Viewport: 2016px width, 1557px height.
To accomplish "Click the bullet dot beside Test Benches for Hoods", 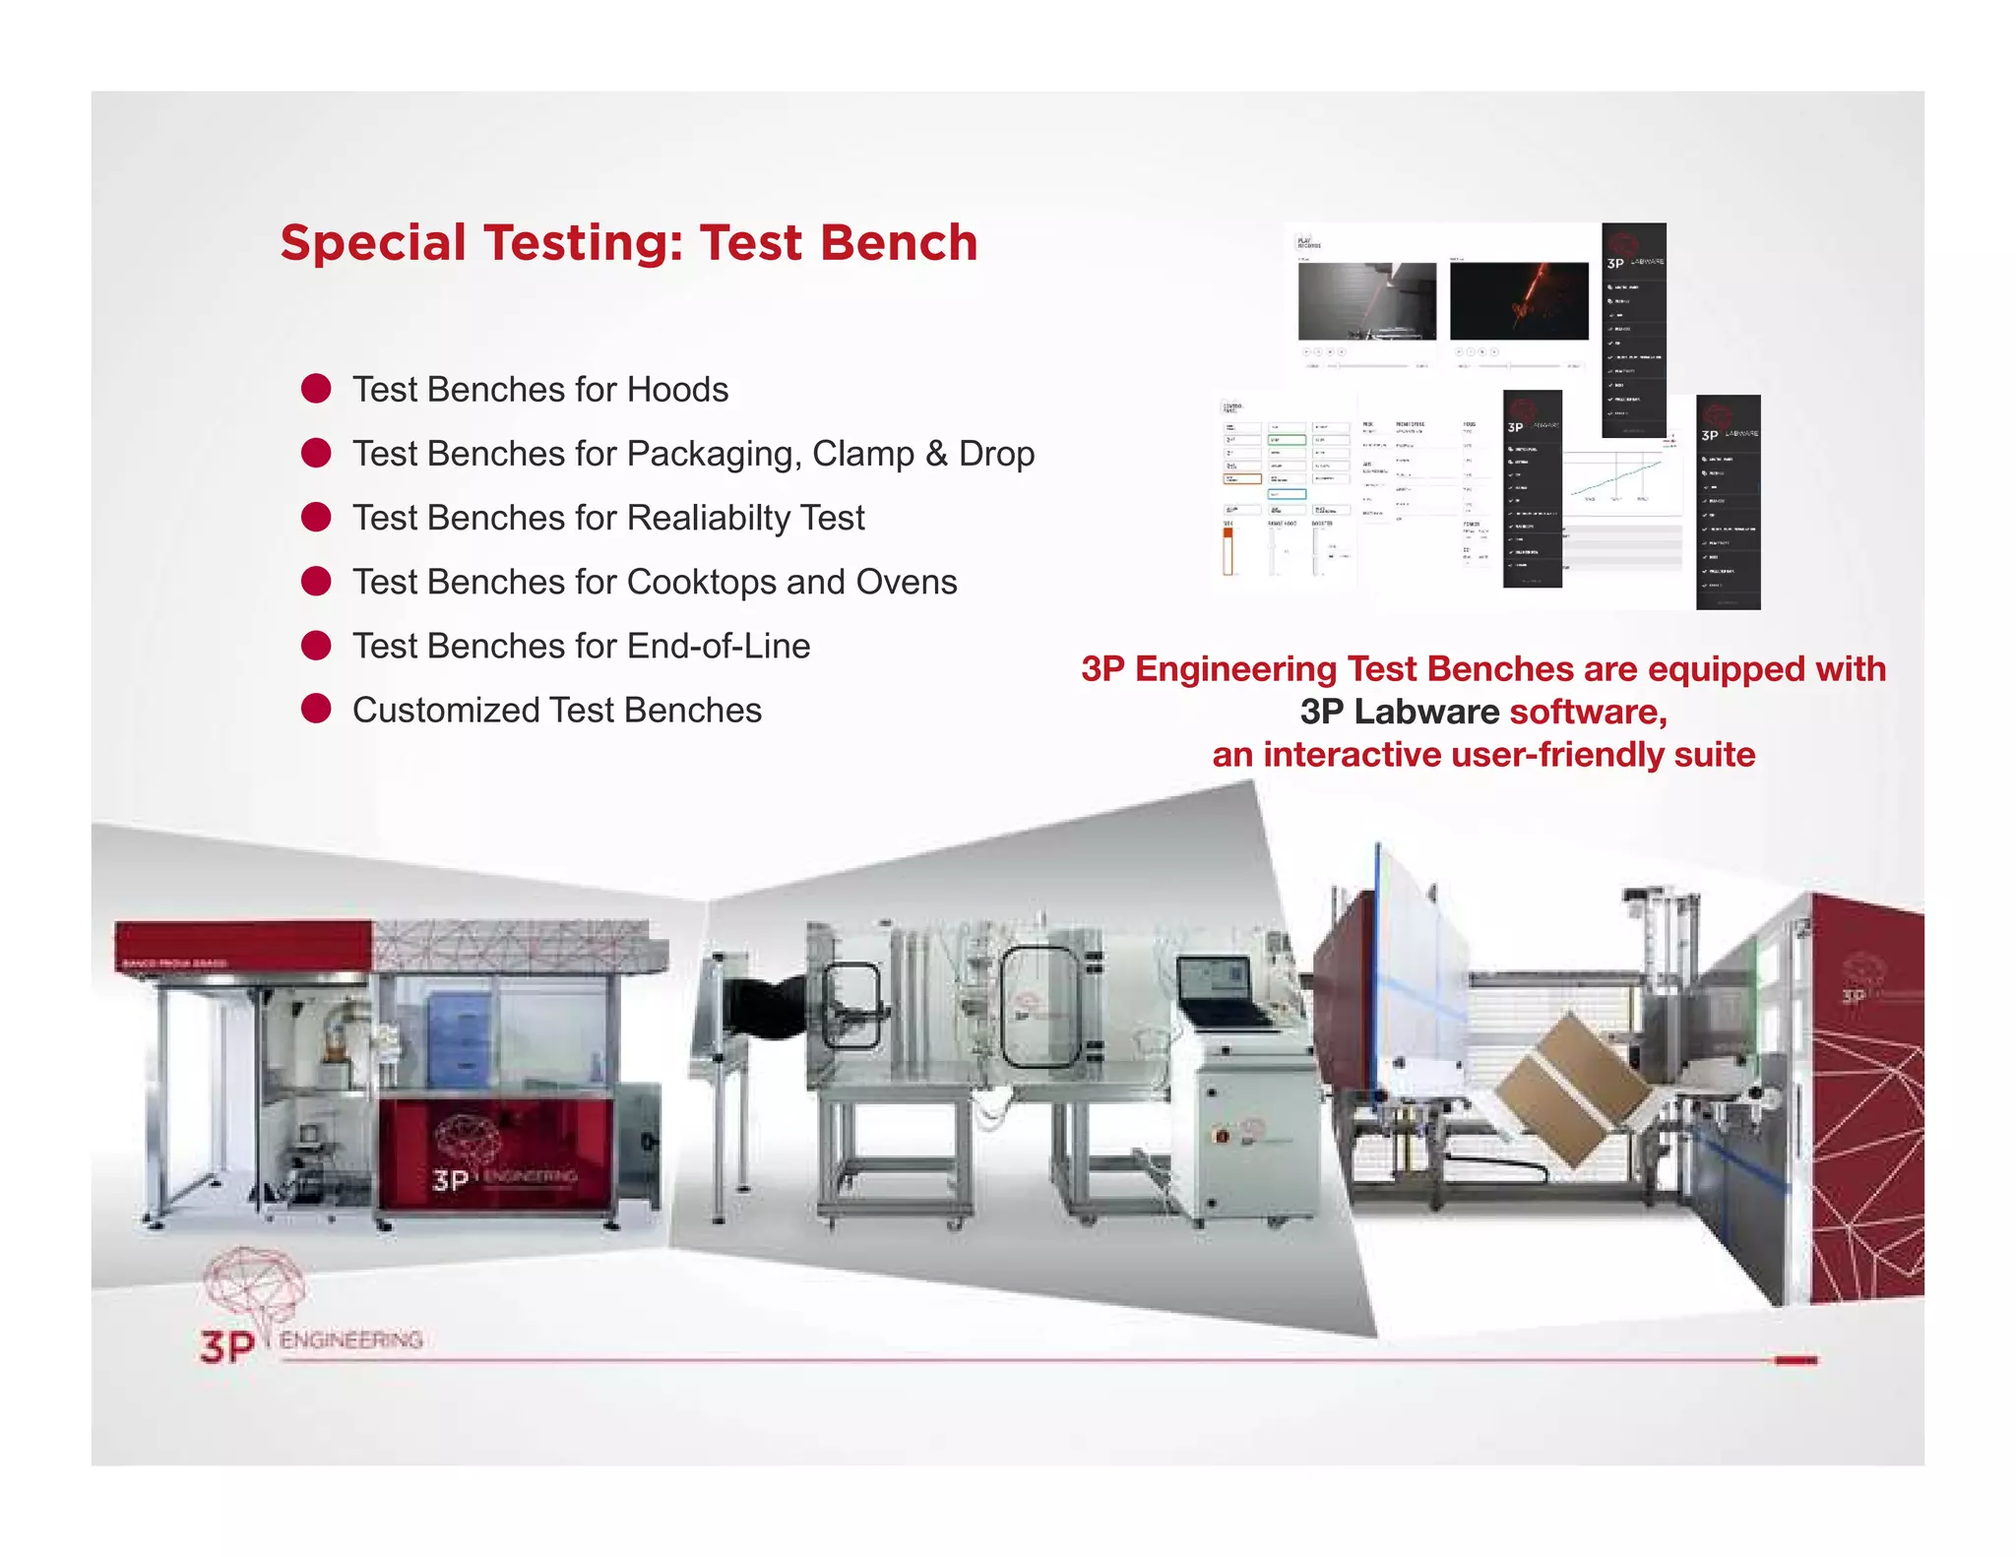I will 316,389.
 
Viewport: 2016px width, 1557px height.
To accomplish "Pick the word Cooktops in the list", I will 701,582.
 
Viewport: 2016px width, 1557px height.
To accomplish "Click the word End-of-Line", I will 718,646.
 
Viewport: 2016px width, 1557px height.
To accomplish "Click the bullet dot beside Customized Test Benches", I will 316,709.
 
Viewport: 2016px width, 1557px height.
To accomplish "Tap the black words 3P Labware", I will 1399,712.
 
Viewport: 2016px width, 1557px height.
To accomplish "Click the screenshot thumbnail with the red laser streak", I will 1519,301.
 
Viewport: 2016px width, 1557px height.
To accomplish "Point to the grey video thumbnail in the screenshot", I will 1367,301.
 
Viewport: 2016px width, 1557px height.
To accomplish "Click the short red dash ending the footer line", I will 1795,1360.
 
